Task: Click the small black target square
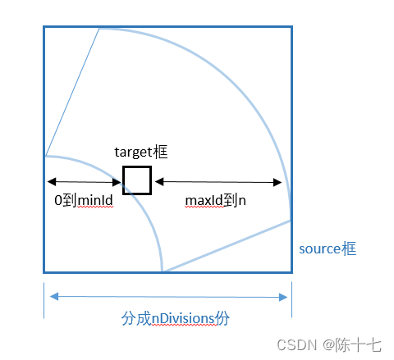pos(137,180)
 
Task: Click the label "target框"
pos(141,152)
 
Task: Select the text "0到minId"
pos(84,200)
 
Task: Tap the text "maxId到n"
pos(215,200)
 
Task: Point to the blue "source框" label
pos(328,248)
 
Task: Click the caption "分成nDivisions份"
pos(175,318)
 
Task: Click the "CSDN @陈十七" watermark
pos(329,344)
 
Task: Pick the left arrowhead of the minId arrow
pos(52,181)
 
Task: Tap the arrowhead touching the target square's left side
pos(117,182)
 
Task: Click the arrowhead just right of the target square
pos(159,181)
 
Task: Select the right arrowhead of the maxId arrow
pos(277,182)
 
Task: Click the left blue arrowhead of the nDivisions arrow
pos(54,296)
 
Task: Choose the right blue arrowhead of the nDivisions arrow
pos(283,297)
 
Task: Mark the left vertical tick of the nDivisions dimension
pos(44,300)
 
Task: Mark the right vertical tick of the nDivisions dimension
pos(291,299)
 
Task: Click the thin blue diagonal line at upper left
pos(72,92)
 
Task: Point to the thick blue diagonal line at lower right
pos(227,246)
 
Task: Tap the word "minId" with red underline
pos(95,200)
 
